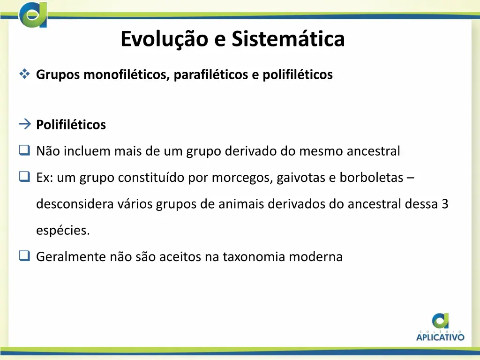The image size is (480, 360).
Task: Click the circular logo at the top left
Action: click(x=33, y=15)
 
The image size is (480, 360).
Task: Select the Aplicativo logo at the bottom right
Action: click(x=440, y=327)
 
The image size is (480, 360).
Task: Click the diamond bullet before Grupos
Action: click(x=24, y=74)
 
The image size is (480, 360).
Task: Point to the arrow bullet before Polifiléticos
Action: click(x=24, y=124)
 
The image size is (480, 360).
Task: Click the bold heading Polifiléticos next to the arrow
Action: click(x=71, y=125)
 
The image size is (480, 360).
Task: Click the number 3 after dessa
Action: click(x=445, y=204)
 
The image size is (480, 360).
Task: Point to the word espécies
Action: click(x=63, y=231)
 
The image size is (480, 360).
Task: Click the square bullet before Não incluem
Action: click(x=24, y=151)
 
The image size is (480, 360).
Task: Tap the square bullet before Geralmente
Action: click(x=24, y=256)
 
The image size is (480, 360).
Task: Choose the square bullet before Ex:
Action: click(x=24, y=177)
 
